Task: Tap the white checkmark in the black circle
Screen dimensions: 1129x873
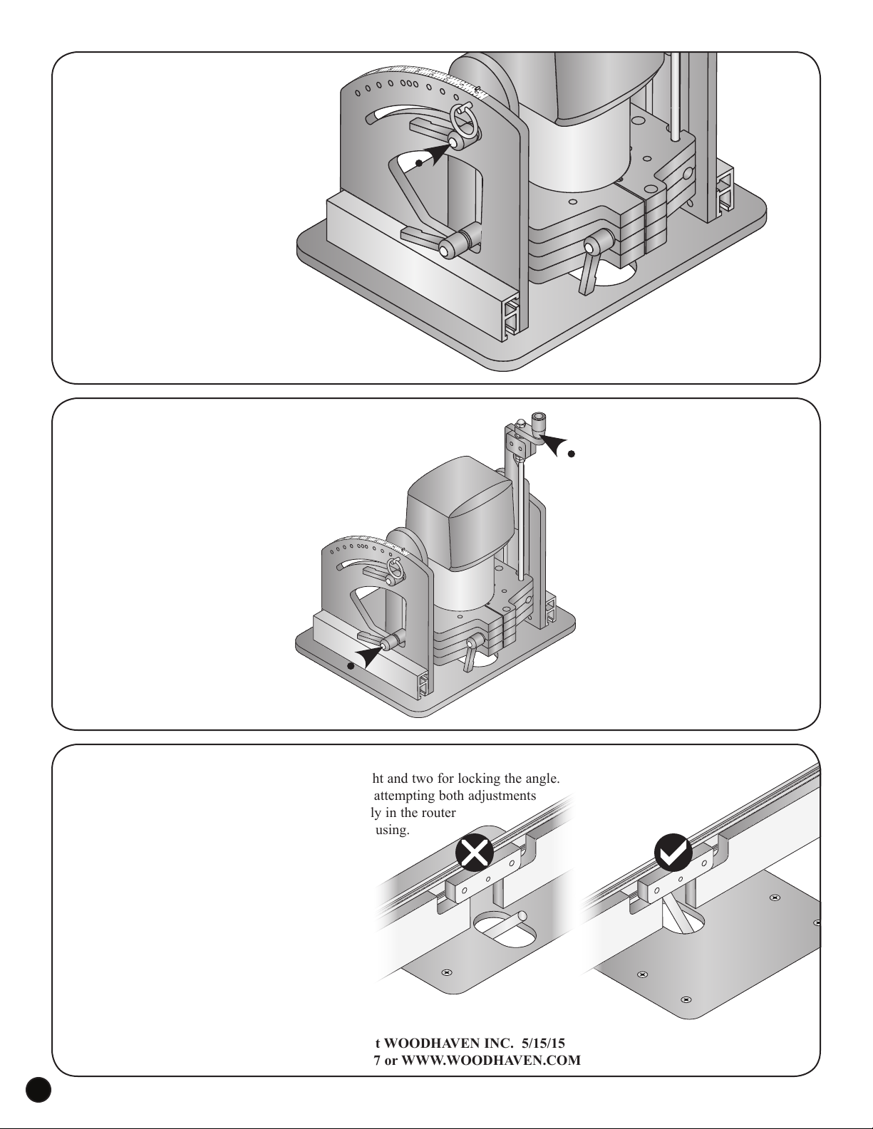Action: tap(672, 852)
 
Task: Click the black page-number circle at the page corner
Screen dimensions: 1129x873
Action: tap(38, 1110)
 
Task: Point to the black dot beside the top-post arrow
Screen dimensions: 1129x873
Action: tap(571, 454)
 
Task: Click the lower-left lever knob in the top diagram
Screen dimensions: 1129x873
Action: tap(448, 249)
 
